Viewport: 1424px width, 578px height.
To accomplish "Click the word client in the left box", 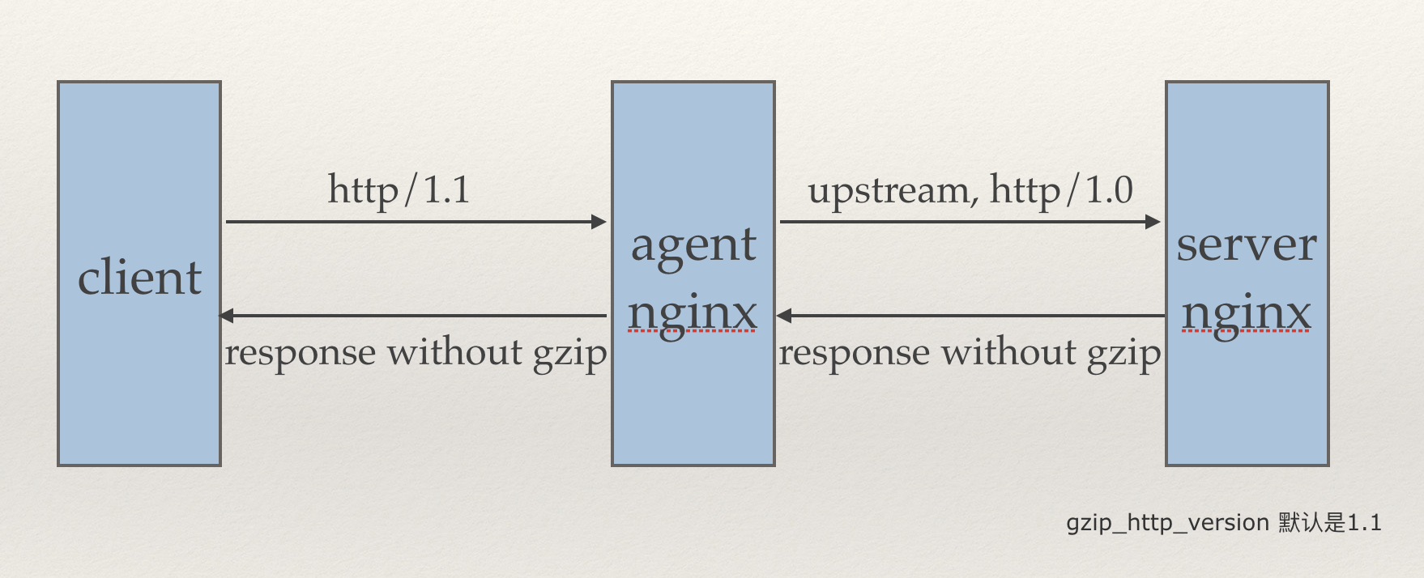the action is coord(139,278).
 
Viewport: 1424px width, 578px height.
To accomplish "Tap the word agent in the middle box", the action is coord(693,245).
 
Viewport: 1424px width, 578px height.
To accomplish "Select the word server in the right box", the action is coord(1247,244).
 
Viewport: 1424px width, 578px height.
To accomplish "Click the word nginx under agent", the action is coord(693,314).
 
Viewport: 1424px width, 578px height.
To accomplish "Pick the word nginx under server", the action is coord(1246,314).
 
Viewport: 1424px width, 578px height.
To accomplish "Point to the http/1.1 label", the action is coord(399,191).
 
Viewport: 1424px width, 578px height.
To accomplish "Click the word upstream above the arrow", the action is coord(888,192).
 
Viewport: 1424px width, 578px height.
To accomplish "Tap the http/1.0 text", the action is coord(1061,191).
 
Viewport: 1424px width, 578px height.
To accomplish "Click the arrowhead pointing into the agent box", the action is coord(599,222).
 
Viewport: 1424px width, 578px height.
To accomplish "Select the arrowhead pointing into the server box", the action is coord(1153,222).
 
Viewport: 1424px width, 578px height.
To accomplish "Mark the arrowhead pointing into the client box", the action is coord(227,316).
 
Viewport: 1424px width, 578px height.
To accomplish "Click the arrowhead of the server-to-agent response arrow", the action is coord(783,316).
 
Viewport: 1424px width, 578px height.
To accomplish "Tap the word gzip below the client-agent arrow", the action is coord(569,355).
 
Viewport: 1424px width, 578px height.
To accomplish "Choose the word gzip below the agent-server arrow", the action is coord(1123,355).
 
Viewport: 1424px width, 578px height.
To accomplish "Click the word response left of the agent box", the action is coord(300,354).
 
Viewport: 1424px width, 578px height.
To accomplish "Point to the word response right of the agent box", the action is coord(854,354).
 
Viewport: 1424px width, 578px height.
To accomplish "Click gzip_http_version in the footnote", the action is coord(1167,523).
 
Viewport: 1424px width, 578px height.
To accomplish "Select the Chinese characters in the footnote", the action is coord(1312,523).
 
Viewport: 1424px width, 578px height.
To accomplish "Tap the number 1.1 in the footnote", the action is coord(1365,523).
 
